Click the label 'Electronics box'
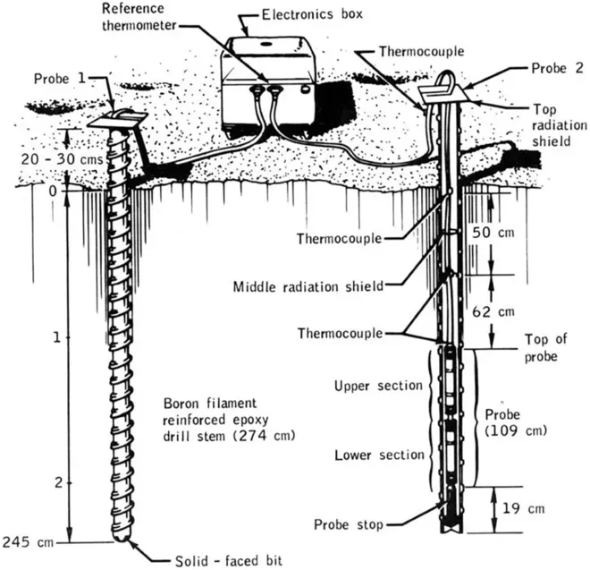tap(312, 14)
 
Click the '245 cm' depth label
tap(27, 542)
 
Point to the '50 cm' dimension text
tap(493, 233)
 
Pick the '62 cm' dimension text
tap(493, 311)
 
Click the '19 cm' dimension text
tap(523, 508)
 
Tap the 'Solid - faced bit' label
tap(229, 561)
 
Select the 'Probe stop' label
tap(349, 524)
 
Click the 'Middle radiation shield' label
tap(308, 286)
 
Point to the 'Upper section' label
tap(378, 386)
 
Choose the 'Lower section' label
tap(379, 455)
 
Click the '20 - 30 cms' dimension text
tap(62, 159)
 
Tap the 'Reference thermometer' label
tap(139, 17)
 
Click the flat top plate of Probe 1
tap(116, 120)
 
